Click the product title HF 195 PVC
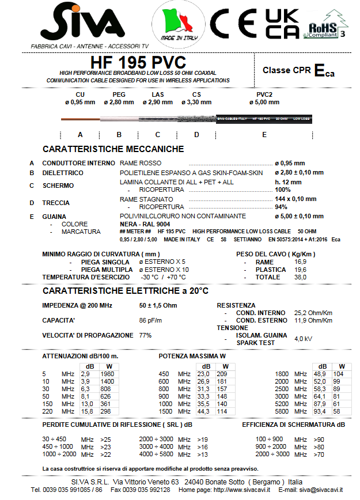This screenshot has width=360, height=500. click(x=138, y=62)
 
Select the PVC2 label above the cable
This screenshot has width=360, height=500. click(x=264, y=94)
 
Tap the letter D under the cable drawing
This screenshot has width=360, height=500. click(x=196, y=134)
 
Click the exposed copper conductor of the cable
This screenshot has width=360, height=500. click(x=80, y=119)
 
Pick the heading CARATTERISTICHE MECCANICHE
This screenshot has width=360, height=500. click(x=113, y=149)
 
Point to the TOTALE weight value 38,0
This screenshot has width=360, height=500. click(x=300, y=277)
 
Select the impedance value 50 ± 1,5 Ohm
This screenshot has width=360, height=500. click(x=158, y=305)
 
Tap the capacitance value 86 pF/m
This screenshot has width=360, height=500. click(x=150, y=320)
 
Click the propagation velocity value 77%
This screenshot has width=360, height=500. click(x=145, y=335)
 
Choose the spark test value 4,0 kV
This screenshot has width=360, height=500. click(x=303, y=339)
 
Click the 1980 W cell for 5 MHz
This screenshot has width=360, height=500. click(x=107, y=374)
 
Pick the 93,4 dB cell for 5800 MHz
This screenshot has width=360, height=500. click(x=320, y=411)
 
